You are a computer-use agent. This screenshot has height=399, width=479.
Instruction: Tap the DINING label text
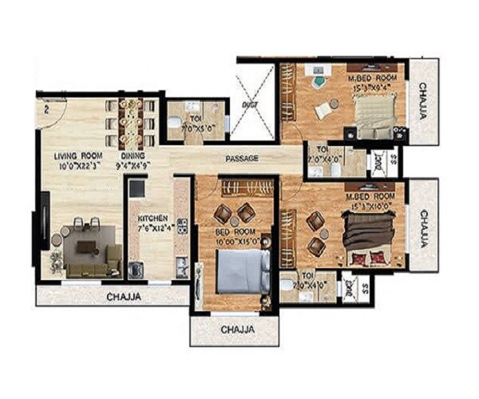[x=132, y=156]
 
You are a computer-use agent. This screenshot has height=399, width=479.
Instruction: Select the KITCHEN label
[x=151, y=217]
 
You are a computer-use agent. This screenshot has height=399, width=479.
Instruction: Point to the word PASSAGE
[x=241, y=159]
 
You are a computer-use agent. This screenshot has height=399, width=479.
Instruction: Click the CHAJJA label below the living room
[x=123, y=297]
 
